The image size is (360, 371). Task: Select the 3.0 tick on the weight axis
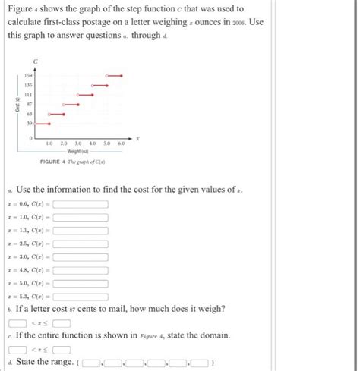pos(78,143)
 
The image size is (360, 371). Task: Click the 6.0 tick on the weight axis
pos(122,143)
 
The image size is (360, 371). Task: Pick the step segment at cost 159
pos(113,76)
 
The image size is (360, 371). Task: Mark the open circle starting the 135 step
pos(93,86)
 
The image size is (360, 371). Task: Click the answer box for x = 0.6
pos(81,204)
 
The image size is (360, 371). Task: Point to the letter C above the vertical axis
pos(35,60)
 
